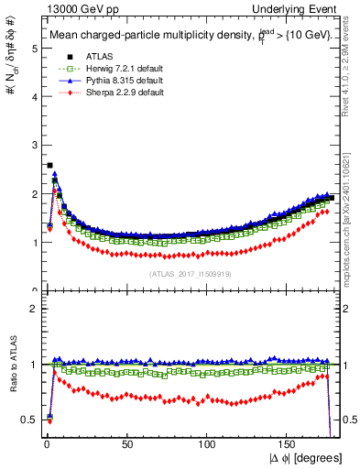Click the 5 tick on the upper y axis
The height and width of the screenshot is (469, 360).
[34, 49]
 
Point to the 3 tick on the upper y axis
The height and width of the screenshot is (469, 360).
[34, 146]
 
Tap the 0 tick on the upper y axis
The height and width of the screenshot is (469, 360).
[34, 291]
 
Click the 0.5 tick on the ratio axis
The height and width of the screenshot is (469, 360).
[30, 420]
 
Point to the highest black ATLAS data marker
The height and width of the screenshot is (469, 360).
[49, 166]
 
